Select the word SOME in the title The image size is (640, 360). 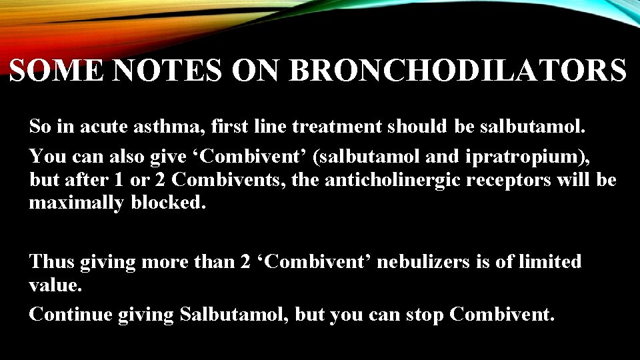58,70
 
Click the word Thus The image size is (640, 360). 51,262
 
